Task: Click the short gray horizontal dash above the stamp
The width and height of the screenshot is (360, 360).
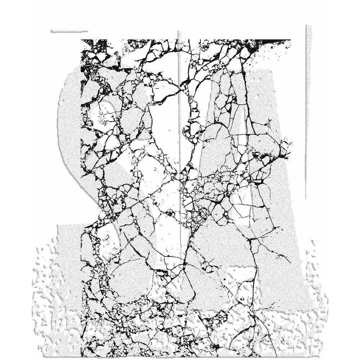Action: pos(69,31)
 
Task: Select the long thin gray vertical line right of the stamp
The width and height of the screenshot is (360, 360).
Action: pos(307,112)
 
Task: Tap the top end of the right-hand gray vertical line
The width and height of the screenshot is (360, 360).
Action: pos(307,26)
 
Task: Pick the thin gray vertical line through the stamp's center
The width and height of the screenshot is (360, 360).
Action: pos(179,108)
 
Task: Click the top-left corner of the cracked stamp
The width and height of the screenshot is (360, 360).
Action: pos(81,40)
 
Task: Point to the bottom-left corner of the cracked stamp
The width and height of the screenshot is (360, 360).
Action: pos(81,356)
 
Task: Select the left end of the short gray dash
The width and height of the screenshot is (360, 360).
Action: pos(51,31)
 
